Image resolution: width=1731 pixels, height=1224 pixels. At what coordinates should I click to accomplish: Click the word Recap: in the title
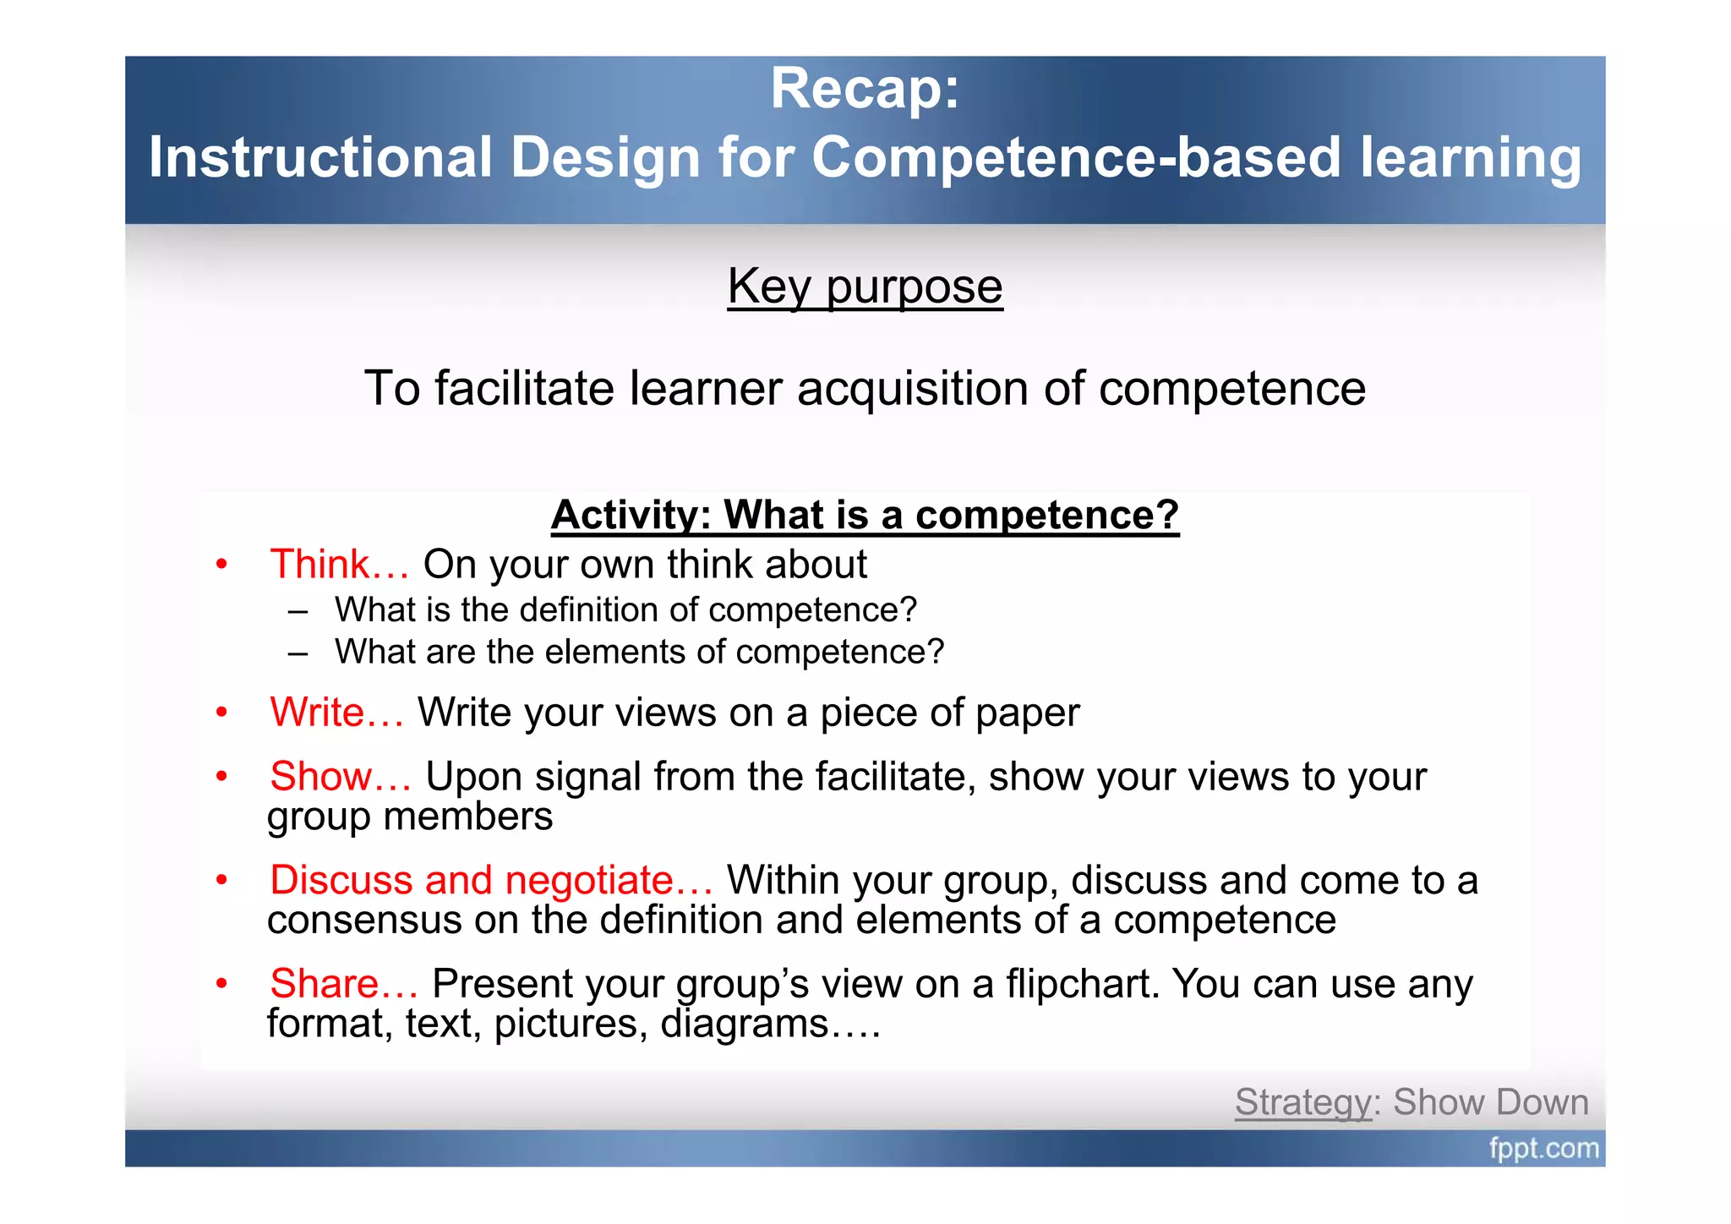point(865,89)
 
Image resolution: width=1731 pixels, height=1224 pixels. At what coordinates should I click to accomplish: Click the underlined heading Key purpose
point(865,287)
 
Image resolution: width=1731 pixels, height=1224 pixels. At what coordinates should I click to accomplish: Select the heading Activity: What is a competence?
point(865,515)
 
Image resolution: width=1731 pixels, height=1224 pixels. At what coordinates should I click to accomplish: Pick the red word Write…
point(336,713)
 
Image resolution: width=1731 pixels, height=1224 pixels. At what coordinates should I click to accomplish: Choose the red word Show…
point(341,777)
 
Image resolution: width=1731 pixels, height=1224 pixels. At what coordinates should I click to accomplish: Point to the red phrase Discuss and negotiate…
point(491,881)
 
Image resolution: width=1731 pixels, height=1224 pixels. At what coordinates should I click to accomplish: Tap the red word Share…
point(343,984)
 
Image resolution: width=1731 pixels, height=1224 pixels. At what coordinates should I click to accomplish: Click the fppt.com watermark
point(1543,1149)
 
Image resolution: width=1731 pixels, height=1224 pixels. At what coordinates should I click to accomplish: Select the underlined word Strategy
point(1302,1103)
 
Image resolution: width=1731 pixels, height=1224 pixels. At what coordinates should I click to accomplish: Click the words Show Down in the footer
point(1491,1103)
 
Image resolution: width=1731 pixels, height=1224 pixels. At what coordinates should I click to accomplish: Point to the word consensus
point(364,921)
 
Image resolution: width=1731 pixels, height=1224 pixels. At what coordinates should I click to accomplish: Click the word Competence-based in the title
point(1076,158)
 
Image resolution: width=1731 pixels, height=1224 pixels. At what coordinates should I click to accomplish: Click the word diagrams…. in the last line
point(770,1025)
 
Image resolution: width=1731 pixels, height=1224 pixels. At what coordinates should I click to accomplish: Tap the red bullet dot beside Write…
point(221,713)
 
